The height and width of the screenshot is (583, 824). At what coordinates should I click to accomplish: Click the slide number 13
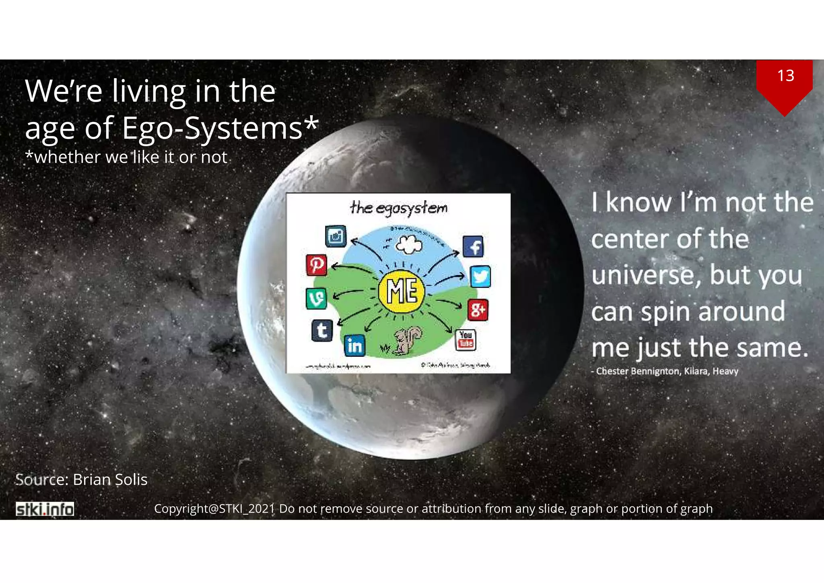[785, 76]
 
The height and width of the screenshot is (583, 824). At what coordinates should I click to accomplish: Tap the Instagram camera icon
[336, 236]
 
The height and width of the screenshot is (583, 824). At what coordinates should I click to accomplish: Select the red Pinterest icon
[317, 265]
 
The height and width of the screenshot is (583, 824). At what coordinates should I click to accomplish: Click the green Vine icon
[316, 298]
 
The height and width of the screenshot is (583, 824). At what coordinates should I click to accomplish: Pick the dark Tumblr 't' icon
[322, 331]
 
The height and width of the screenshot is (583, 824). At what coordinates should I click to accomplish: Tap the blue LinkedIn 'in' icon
[355, 345]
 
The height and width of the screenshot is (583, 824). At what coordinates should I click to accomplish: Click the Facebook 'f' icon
[473, 246]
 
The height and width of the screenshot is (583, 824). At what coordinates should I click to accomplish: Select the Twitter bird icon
[480, 277]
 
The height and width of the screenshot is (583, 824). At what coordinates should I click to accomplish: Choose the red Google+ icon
[478, 310]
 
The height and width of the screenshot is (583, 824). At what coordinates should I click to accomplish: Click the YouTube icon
[466, 339]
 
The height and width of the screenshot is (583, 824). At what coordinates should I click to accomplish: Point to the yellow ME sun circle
[402, 291]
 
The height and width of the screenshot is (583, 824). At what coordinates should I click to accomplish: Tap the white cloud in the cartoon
[409, 244]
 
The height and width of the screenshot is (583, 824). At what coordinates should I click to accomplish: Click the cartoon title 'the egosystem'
[398, 208]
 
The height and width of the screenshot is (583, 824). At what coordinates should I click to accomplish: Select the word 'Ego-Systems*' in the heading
[220, 128]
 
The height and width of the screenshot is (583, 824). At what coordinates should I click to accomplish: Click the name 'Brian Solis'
[110, 480]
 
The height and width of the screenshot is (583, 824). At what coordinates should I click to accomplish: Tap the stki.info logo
[45, 509]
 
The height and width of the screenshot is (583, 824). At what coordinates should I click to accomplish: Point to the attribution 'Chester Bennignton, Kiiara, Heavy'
[667, 371]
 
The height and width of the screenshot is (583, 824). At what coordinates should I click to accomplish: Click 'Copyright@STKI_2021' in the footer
[214, 509]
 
